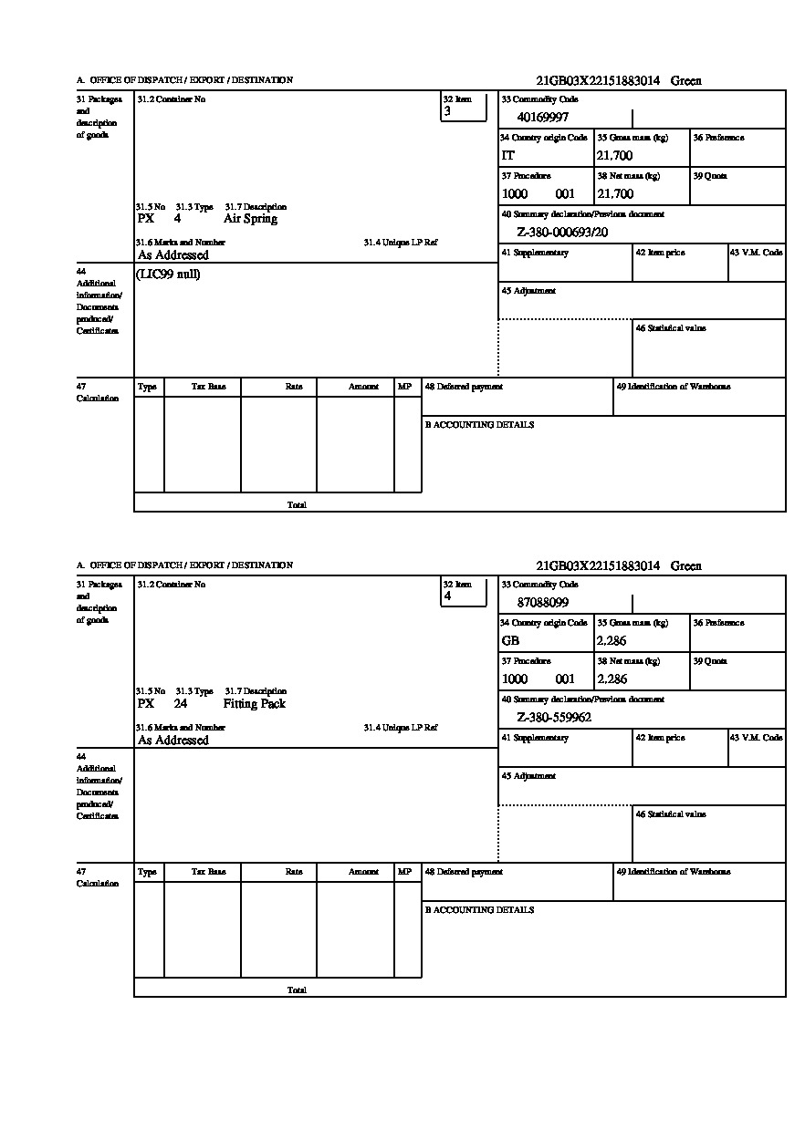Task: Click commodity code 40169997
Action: (542, 117)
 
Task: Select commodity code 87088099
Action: (542, 602)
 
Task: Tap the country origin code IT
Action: (508, 156)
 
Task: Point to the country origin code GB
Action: (510, 641)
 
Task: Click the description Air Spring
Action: (250, 219)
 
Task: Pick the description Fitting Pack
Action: (254, 704)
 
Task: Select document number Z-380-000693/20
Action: (561, 233)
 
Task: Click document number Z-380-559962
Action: (554, 718)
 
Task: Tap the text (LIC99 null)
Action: (168, 275)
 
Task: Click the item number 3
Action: (447, 111)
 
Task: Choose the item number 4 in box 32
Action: (447, 596)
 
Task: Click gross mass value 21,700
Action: (614, 156)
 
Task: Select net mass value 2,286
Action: (612, 679)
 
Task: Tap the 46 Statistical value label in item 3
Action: (671, 328)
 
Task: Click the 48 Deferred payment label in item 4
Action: (464, 872)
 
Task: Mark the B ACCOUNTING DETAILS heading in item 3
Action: (479, 425)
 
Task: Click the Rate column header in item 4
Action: (294, 872)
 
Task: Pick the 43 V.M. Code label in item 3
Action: (757, 253)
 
